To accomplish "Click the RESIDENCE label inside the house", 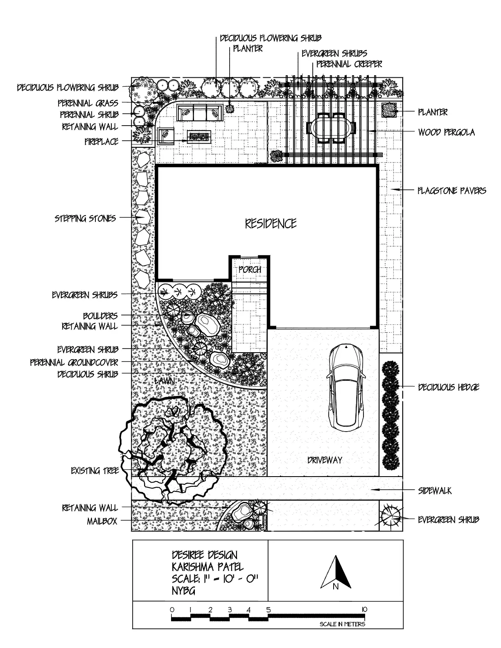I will click(x=271, y=223).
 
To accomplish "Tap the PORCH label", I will click(x=250, y=270).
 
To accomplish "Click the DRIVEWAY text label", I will click(x=325, y=460).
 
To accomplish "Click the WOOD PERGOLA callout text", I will click(x=446, y=132).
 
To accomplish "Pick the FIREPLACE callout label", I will click(x=102, y=142).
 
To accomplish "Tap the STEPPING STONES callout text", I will click(x=85, y=218).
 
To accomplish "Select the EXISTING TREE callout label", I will click(x=95, y=471).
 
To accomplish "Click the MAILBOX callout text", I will click(x=102, y=521).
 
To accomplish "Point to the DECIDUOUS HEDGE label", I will click(x=448, y=387).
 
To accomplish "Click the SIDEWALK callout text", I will click(x=435, y=491).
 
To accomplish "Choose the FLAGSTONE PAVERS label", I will click(x=451, y=190).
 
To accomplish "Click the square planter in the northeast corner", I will click(x=390, y=110).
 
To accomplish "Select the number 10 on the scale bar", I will click(x=364, y=610).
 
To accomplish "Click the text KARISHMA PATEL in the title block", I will click(x=208, y=567).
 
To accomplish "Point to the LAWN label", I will click(x=165, y=381).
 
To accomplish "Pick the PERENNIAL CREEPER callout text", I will click(x=349, y=64).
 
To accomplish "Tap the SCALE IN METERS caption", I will click(x=342, y=624).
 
